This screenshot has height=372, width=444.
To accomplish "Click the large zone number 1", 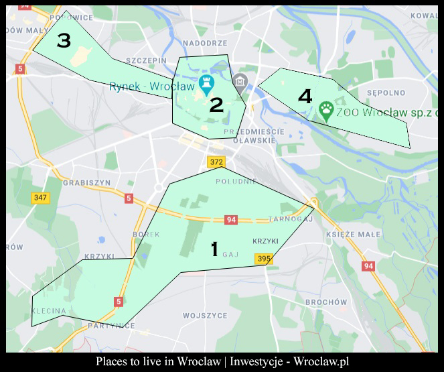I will [214, 249].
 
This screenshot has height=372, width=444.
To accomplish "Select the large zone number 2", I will [216, 105].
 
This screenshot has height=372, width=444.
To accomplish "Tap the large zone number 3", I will [64, 42].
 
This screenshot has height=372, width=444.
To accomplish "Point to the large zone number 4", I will [305, 97].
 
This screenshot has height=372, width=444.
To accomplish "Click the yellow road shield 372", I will [216, 162].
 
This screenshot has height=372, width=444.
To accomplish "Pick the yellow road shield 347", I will [41, 198].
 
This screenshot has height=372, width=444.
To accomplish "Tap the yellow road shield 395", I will [264, 259].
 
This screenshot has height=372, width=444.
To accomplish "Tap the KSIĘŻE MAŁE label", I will [352, 235].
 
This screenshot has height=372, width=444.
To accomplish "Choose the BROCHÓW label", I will [325, 302].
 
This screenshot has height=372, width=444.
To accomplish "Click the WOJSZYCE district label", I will [205, 315].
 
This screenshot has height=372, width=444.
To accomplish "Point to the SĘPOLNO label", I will [386, 92].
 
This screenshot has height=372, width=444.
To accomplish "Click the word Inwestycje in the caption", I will [263, 361].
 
